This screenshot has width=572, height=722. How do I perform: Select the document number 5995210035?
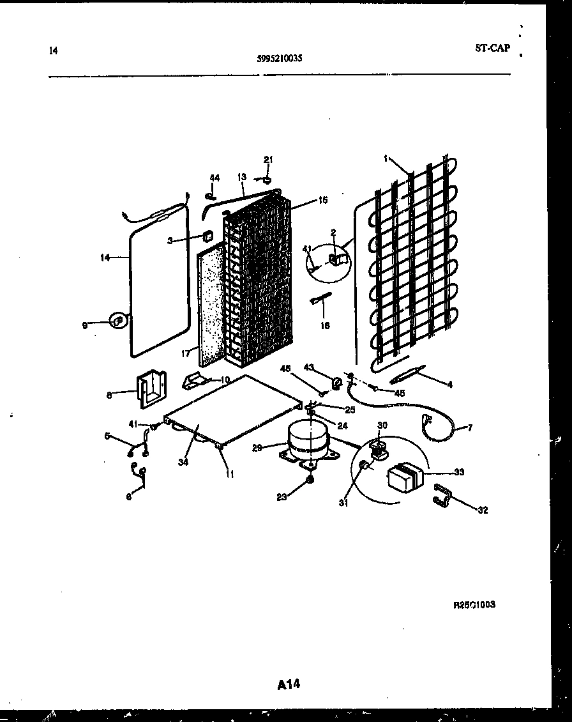tap(280, 58)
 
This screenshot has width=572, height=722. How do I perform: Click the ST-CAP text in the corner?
tap(492, 47)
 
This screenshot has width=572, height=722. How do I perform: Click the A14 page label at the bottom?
tap(289, 684)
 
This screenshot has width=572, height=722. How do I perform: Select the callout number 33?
tap(459, 472)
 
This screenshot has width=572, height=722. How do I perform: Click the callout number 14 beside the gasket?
tap(105, 257)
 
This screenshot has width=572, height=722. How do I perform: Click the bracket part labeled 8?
tap(152, 388)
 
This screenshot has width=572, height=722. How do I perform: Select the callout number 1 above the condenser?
tap(386, 158)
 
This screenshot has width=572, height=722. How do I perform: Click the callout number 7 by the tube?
tap(470, 427)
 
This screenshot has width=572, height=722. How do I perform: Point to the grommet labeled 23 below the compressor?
tap(310, 480)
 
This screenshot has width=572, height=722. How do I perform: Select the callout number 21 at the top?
tap(268, 159)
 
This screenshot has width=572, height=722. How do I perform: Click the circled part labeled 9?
tap(117, 321)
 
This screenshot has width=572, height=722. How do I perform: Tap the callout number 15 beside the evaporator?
tap(322, 200)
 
